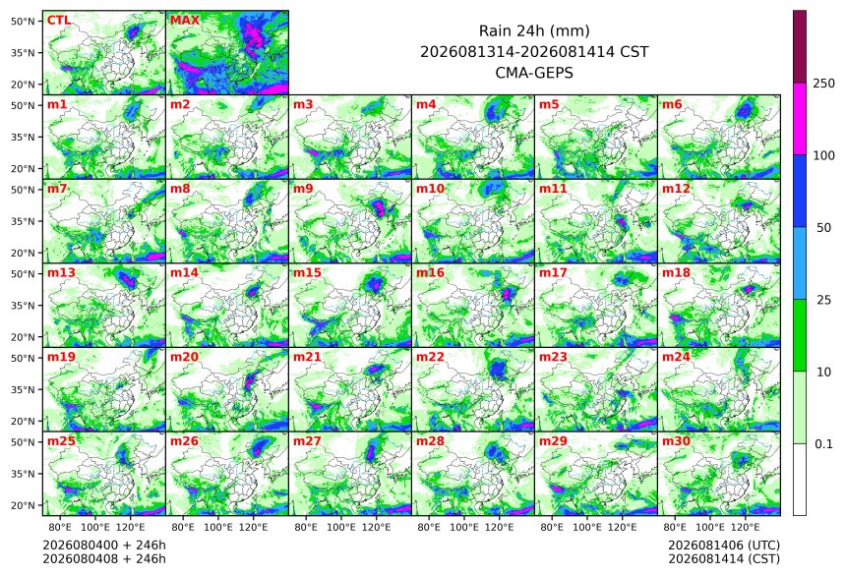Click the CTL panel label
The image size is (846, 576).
point(58,21)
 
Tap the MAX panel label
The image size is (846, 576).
point(185,21)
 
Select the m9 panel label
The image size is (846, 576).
point(303,189)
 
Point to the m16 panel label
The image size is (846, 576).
point(430,273)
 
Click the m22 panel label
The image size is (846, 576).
point(430,357)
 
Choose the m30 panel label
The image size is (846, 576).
point(676,441)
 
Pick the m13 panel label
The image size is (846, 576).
point(61,273)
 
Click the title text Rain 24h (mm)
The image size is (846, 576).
point(534,30)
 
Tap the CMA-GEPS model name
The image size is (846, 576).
point(534,73)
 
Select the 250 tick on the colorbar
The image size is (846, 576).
point(824,83)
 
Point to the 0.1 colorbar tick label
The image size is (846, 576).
point(823,444)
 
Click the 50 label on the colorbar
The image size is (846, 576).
point(823,228)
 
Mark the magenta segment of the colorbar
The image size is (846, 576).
point(800,119)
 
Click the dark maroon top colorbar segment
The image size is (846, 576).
point(800,46)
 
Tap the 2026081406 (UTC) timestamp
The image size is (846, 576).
point(724,546)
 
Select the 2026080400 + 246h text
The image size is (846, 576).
point(104,546)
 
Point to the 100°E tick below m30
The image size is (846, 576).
point(710,527)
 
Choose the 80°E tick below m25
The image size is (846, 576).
point(60,527)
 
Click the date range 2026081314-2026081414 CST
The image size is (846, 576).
point(534,52)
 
